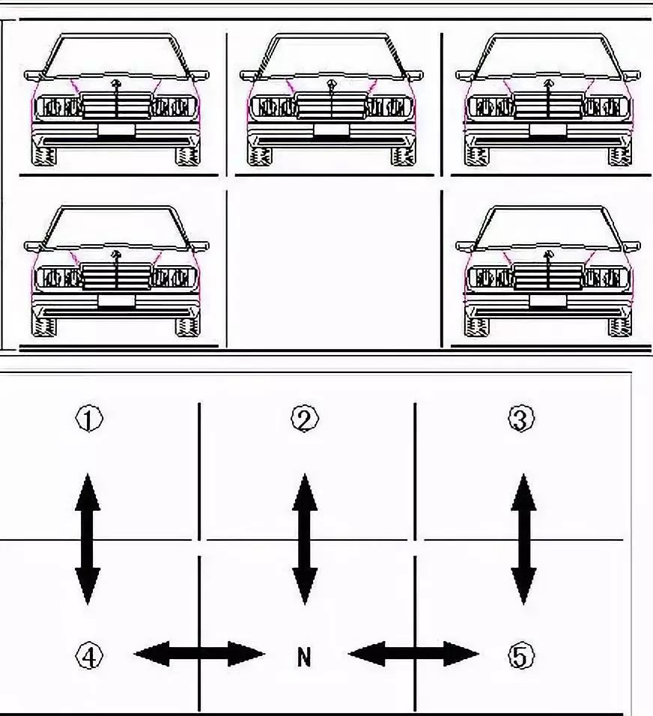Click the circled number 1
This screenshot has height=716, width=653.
(x=88, y=419)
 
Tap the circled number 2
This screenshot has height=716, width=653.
(x=305, y=419)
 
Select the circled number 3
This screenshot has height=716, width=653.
(x=520, y=419)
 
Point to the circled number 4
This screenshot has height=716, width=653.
(x=88, y=657)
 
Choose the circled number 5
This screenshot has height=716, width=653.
(x=520, y=657)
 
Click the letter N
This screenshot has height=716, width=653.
(x=304, y=658)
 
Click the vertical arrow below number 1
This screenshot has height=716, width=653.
(x=88, y=538)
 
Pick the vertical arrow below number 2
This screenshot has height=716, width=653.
(x=305, y=538)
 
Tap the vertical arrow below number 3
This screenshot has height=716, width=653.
(x=523, y=538)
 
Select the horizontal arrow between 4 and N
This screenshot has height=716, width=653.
(x=199, y=654)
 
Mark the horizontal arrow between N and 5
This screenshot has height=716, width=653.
(x=413, y=654)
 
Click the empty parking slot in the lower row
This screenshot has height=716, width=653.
(x=334, y=270)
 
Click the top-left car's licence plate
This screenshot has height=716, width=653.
(x=116, y=130)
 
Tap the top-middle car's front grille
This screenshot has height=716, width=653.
(x=332, y=106)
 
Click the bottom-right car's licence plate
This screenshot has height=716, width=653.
(x=548, y=301)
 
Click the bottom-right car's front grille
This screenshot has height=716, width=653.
(x=548, y=277)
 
